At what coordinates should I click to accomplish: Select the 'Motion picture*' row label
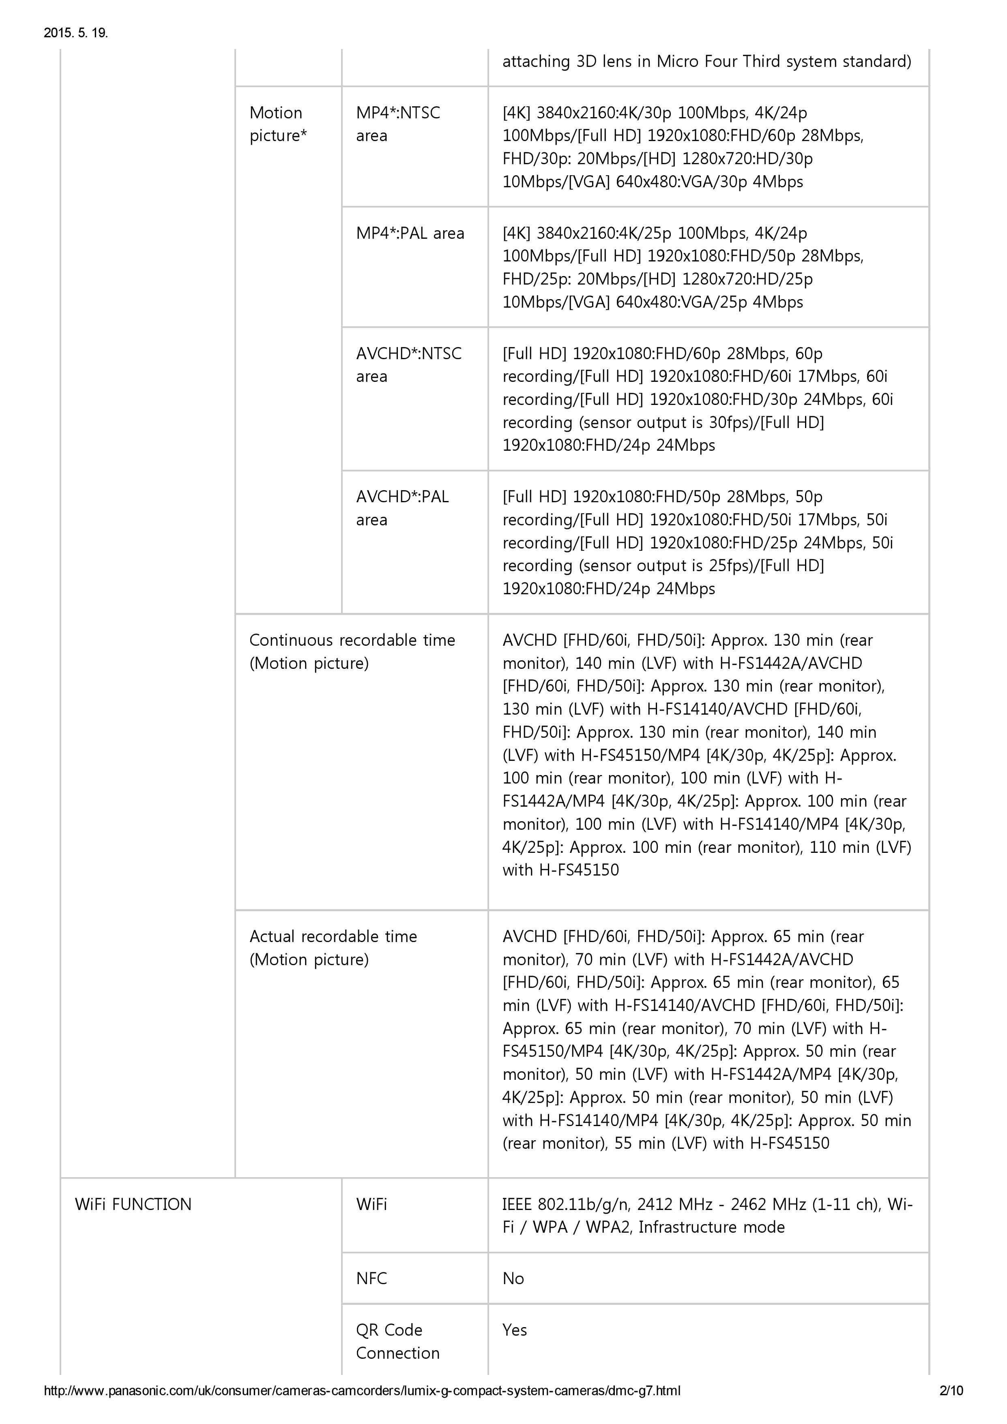tap(278, 124)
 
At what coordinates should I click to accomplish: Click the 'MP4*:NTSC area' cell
tap(398, 124)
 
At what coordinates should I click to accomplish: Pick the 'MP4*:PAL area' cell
tap(410, 233)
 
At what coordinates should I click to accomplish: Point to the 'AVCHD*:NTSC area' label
tap(408, 365)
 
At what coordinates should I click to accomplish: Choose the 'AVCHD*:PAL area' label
tap(402, 508)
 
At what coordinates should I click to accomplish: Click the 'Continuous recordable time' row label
tap(352, 651)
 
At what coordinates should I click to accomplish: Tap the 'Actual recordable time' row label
tap(333, 948)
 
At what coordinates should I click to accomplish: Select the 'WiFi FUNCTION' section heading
tap(133, 1204)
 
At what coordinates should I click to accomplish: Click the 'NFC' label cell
tap(371, 1278)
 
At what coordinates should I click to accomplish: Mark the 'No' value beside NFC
tap(513, 1278)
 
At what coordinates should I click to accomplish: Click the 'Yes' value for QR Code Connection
tap(514, 1330)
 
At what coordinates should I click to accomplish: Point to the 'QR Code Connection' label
tap(397, 1341)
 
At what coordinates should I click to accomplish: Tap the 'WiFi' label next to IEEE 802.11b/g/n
tap(371, 1204)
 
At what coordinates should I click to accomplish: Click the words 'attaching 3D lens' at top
tap(562, 61)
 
